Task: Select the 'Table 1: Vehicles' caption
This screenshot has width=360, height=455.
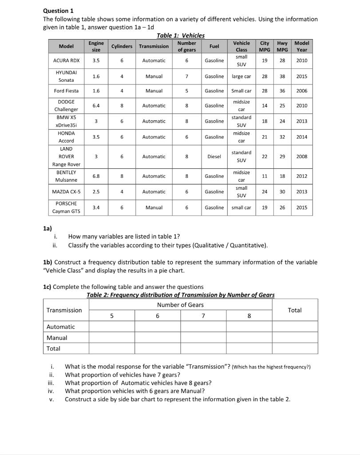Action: click(x=181, y=36)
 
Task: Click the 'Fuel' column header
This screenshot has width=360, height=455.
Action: click(x=214, y=46)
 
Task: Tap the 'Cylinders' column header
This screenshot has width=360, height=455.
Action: click(x=122, y=46)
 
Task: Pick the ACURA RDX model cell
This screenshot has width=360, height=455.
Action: click(x=67, y=60)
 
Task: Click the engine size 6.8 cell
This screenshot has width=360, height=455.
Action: click(x=96, y=176)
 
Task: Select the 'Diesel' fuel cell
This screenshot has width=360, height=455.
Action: click(x=214, y=156)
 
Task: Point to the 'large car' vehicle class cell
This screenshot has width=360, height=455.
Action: click(x=241, y=76)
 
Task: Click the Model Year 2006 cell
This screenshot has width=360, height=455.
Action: click(x=301, y=91)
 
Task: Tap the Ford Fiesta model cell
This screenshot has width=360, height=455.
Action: click(x=67, y=91)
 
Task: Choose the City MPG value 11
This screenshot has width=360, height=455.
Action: click(x=265, y=176)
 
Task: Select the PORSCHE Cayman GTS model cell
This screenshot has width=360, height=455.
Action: click(x=67, y=208)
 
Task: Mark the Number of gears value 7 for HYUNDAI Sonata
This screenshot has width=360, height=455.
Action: click(x=186, y=76)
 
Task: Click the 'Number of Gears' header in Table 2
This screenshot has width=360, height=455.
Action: click(x=180, y=304)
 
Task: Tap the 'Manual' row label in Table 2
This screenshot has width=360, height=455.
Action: click(x=57, y=338)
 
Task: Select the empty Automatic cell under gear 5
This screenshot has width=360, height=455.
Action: click(x=111, y=327)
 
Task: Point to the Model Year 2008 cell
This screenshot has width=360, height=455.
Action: click(x=301, y=156)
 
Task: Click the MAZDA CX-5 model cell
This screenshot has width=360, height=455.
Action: click(x=67, y=192)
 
